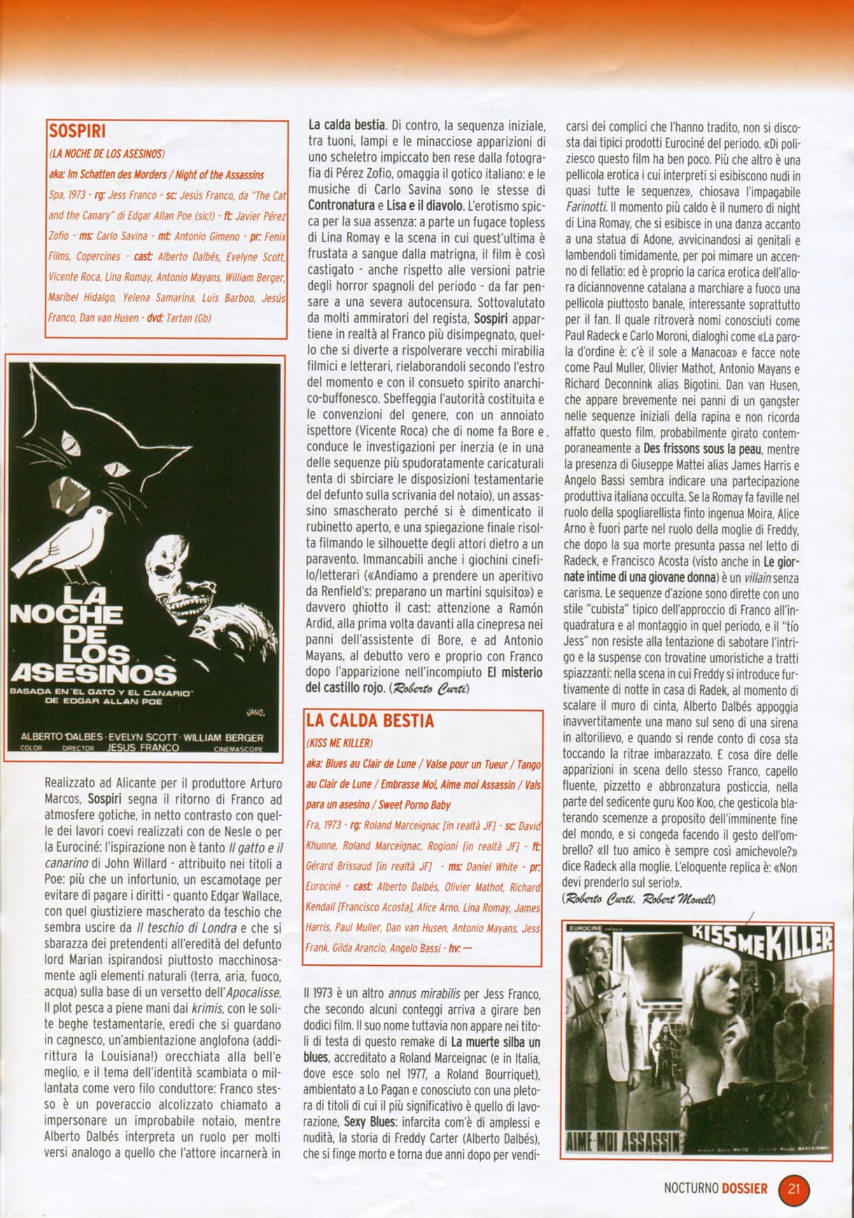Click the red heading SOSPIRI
[76, 131]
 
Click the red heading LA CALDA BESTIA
[370, 720]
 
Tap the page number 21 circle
[794, 1189]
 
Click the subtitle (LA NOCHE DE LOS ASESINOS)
[106, 153]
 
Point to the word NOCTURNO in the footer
[691, 1189]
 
